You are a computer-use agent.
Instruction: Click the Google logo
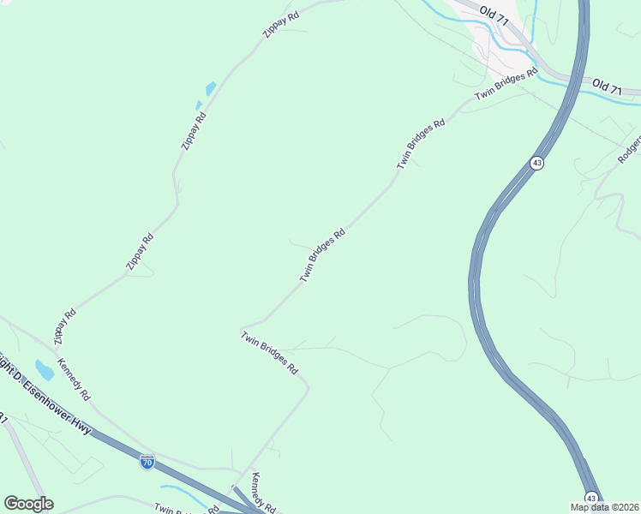coord(28,504)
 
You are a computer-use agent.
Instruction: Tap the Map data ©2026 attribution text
coord(605,506)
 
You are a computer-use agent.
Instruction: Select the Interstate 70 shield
coord(147,463)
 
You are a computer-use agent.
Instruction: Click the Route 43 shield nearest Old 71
coord(536,163)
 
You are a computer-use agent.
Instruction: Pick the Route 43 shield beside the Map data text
coord(591,497)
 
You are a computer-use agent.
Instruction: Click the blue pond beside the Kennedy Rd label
coord(43,370)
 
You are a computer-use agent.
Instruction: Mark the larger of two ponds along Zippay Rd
coord(210,88)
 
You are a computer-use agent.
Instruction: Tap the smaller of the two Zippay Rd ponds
coord(199,105)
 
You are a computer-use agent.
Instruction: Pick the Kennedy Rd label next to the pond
coord(74,380)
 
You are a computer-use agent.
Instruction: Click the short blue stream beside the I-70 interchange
coord(180,493)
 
